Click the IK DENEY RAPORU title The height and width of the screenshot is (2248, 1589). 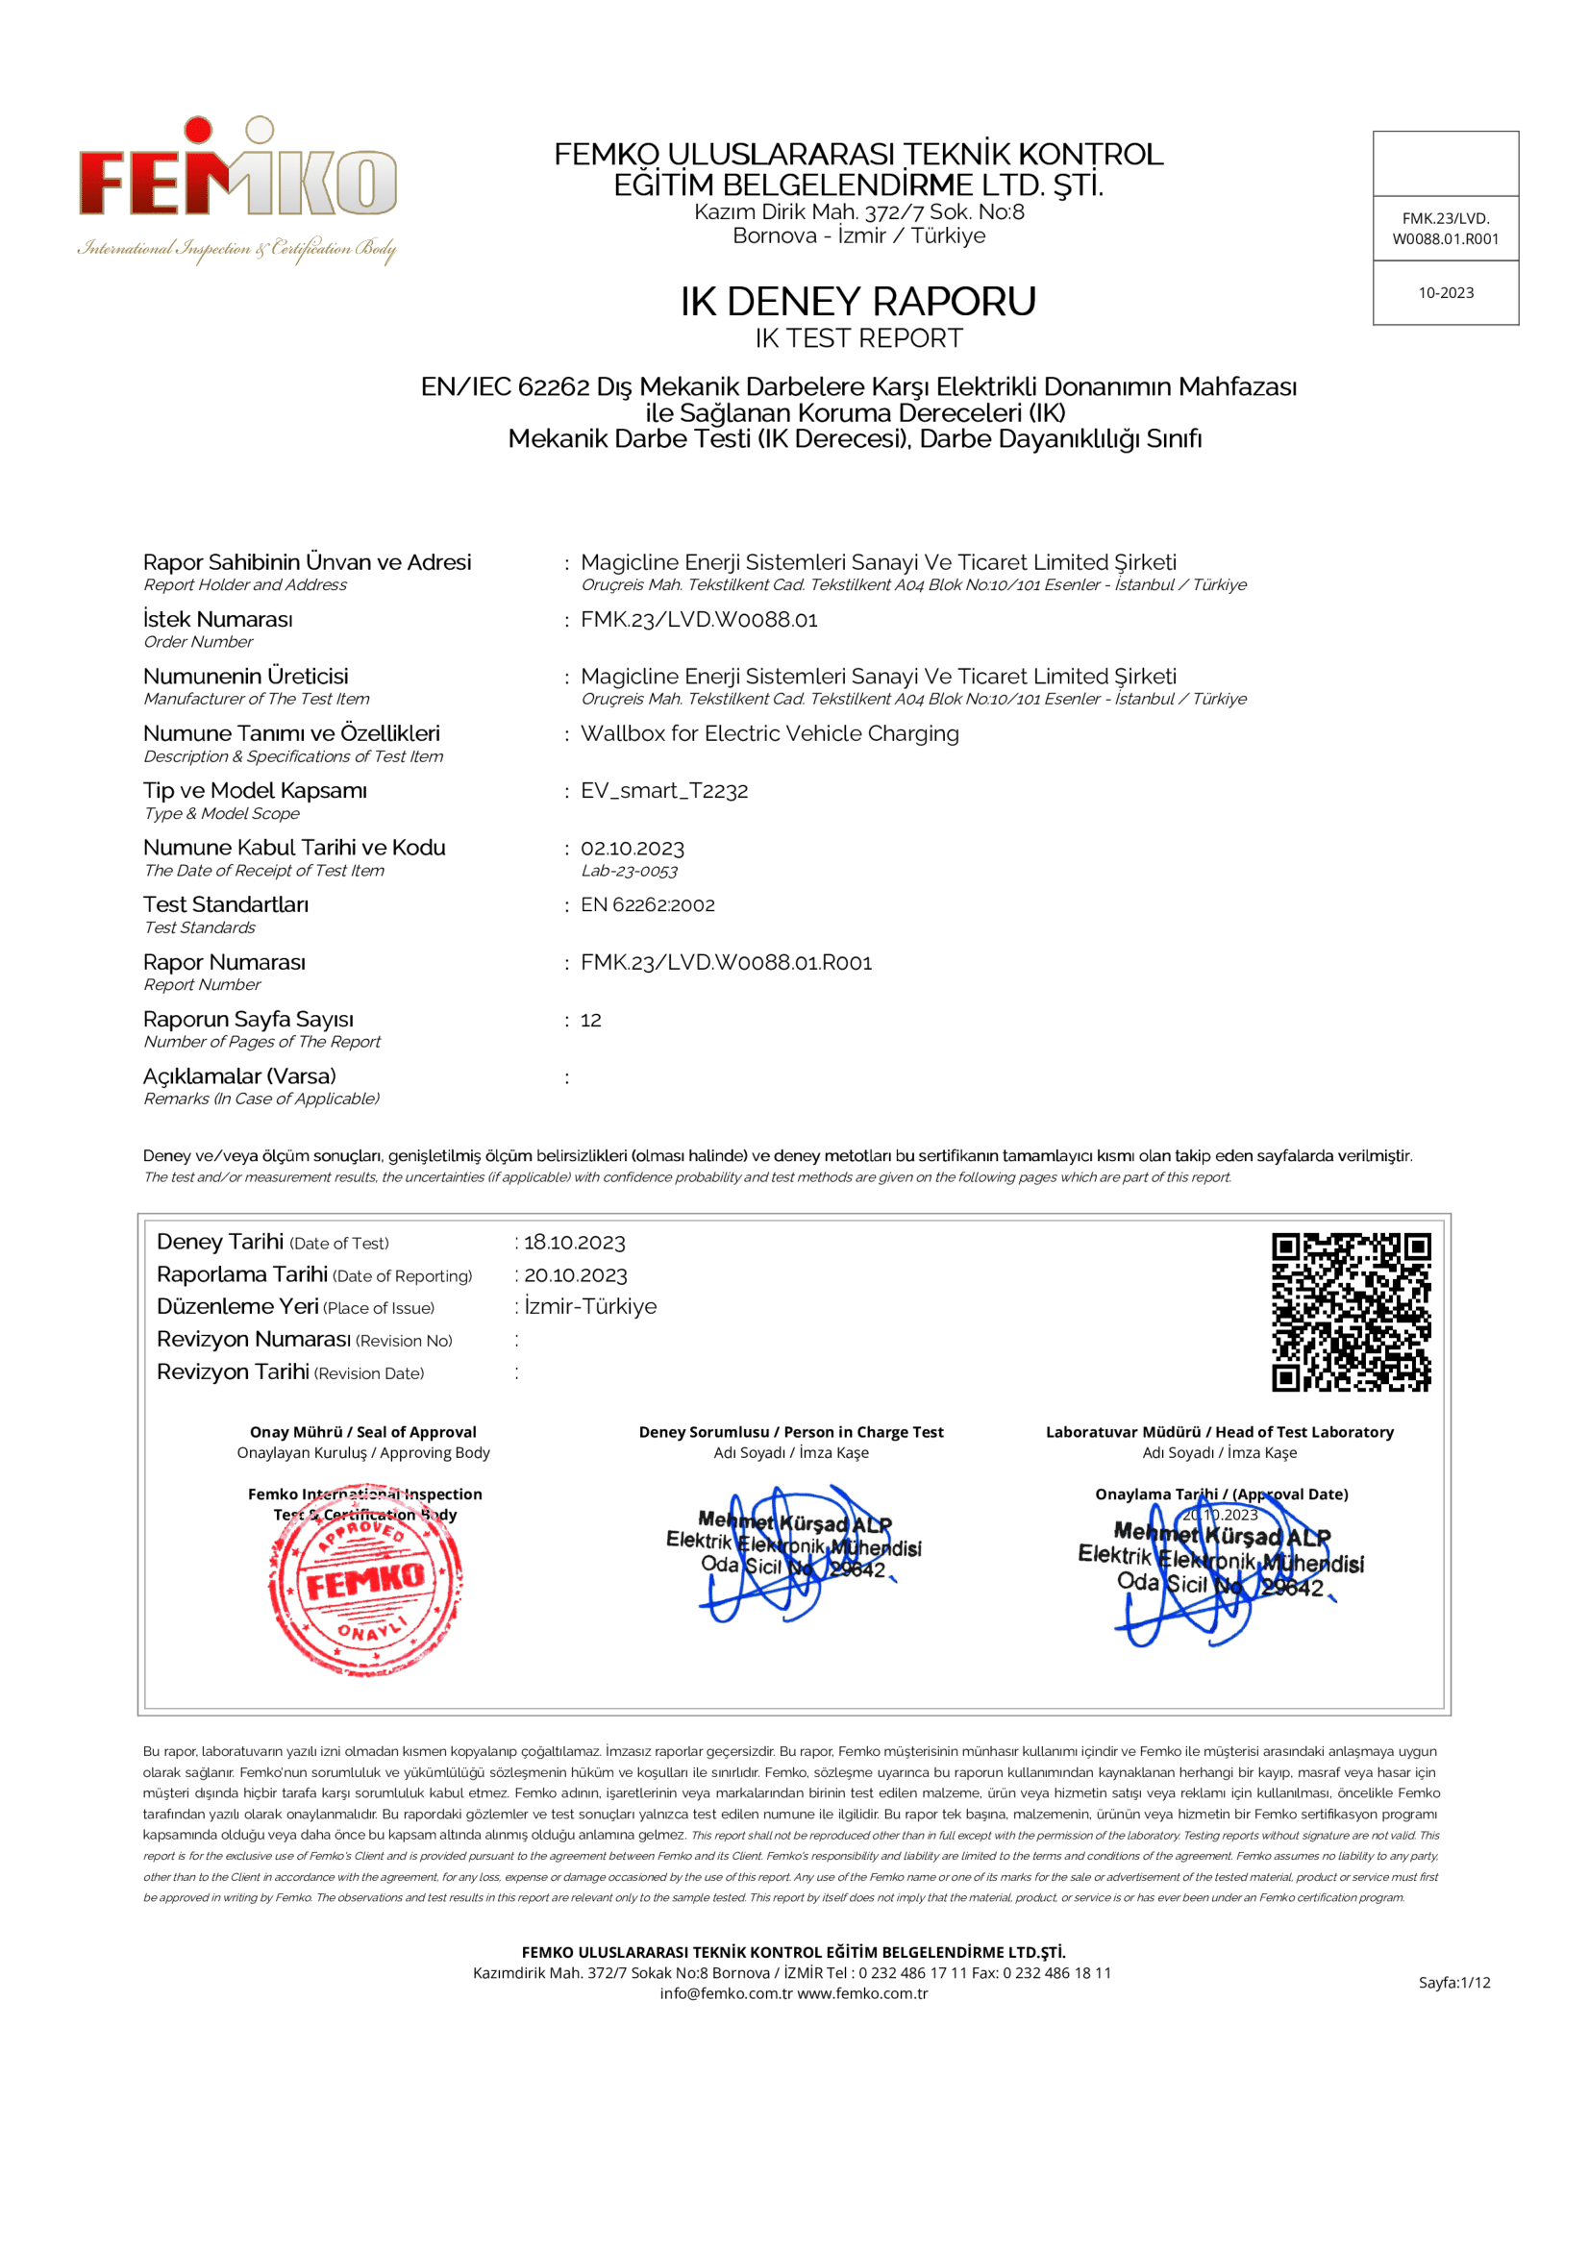click(857, 302)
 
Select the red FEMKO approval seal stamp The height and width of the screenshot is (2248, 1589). click(365, 1580)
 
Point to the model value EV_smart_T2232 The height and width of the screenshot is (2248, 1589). click(664, 791)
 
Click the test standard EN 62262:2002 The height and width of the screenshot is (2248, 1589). click(647, 904)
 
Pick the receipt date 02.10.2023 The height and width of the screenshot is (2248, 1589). click(633, 849)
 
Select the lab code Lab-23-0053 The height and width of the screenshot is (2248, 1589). click(630, 871)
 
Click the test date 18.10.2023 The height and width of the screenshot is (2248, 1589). click(574, 1243)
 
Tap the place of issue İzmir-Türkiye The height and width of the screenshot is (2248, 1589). click(589, 1306)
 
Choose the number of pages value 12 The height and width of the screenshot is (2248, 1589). click(590, 1021)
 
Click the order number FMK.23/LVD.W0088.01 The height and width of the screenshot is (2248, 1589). click(698, 620)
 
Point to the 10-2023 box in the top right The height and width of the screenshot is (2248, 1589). click(1445, 293)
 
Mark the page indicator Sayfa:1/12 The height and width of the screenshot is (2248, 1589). click(1453, 1983)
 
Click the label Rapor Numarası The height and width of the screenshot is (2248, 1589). click(224, 962)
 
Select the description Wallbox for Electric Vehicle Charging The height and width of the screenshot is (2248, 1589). click(770, 733)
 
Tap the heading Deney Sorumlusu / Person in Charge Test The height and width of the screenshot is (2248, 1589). click(791, 1431)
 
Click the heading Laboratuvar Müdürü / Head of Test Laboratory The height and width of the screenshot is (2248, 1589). click(1219, 1431)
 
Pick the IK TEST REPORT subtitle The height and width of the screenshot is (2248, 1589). click(857, 338)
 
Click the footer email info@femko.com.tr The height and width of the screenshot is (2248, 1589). click(726, 1993)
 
